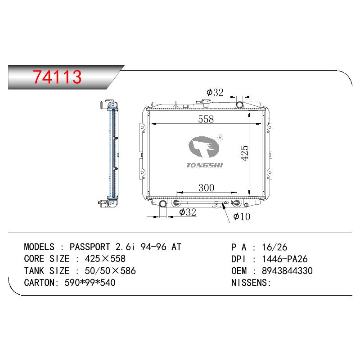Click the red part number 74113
[x=57, y=76]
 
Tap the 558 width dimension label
[x=206, y=119]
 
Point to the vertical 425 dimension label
[x=244, y=153]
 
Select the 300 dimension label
[x=207, y=188]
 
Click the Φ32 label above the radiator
[x=215, y=92]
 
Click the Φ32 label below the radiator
[x=188, y=212]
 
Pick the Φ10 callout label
[x=242, y=216]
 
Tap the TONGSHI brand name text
[x=204, y=165]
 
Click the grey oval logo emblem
[x=204, y=147]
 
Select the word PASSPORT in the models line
[x=90, y=247]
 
